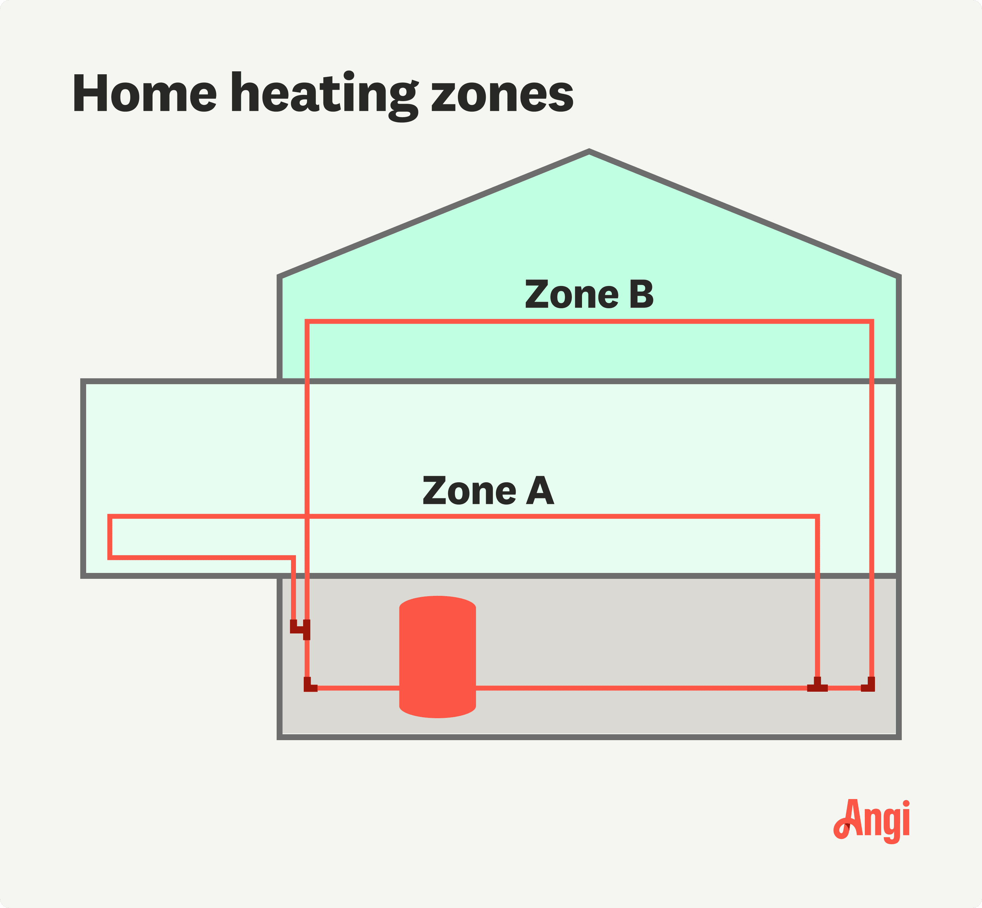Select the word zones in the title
(x=502, y=96)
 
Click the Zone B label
(x=589, y=294)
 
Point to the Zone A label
(x=488, y=490)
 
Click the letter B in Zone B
(x=641, y=294)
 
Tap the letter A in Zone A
(x=540, y=490)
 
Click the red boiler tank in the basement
(x=437, y=657)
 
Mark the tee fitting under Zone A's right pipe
(x=817, y=685)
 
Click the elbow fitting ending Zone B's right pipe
(x=868, y=685)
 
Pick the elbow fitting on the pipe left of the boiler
(x=309, y=685)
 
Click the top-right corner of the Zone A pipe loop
(x=817, y=516)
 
